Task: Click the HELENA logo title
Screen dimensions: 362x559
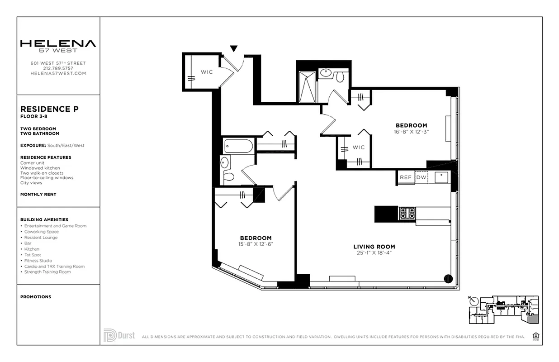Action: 58,44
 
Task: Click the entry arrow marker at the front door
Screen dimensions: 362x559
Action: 233,48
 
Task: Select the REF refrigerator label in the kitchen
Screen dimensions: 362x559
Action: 406,177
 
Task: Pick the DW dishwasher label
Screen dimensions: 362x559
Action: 421,177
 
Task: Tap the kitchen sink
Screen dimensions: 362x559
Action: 441,177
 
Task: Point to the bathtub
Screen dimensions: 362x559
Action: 239,147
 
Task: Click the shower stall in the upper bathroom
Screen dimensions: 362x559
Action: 307,86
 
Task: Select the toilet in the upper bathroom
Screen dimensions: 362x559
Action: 340,77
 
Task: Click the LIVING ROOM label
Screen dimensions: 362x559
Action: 374,247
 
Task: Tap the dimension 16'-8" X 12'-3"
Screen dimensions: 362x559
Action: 411,132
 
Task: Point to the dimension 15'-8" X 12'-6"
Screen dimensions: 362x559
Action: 256,244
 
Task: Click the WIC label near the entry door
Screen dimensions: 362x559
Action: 207,72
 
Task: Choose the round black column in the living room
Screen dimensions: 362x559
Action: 448,279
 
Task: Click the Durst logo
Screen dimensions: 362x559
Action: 119,336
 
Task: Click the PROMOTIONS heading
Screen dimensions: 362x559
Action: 36,297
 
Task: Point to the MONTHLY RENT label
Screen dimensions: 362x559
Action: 38,195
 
